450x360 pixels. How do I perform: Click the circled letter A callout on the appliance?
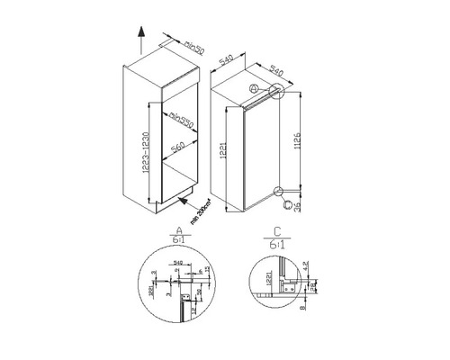pyautogui.click(x=255, y=89)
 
